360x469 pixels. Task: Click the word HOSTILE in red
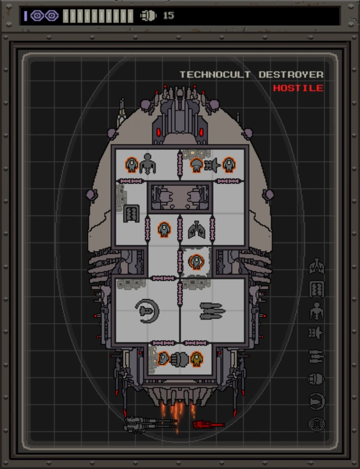coord(298,88)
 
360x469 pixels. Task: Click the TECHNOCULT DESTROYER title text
coord(251,74)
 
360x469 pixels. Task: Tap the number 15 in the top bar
coord(169,16)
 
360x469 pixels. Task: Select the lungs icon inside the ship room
coord(196,229)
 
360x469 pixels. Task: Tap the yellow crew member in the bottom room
coord(196,359)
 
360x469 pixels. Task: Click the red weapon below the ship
coord(208,425)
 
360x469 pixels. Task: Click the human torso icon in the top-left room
coord(148,163)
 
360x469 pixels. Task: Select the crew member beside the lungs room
coord(163,229)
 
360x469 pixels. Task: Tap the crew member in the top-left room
coord(131,163)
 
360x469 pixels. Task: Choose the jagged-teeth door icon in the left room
coord(131,212)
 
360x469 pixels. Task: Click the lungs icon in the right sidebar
coord(316,266)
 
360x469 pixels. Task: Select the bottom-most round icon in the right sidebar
coord(316,424)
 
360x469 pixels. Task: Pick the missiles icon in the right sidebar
coord(316,356)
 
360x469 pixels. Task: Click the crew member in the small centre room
coord(196,261)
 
